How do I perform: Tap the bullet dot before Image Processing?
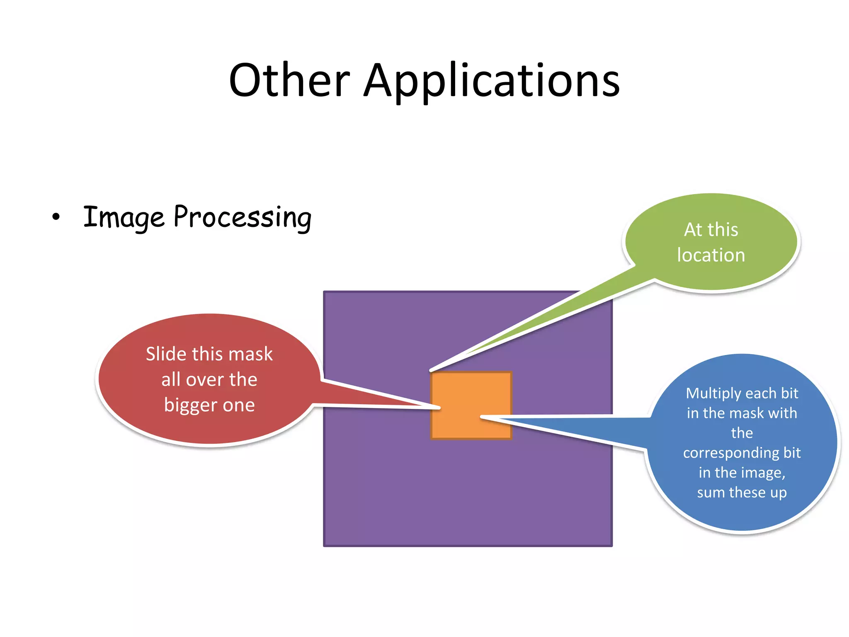[x=56, y=216]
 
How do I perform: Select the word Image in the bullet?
[x=124, y=217]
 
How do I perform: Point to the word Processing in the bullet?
[x=243, y=217]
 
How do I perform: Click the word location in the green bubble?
[x=711, y=255]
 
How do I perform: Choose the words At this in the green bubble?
[x=711, y=230]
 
